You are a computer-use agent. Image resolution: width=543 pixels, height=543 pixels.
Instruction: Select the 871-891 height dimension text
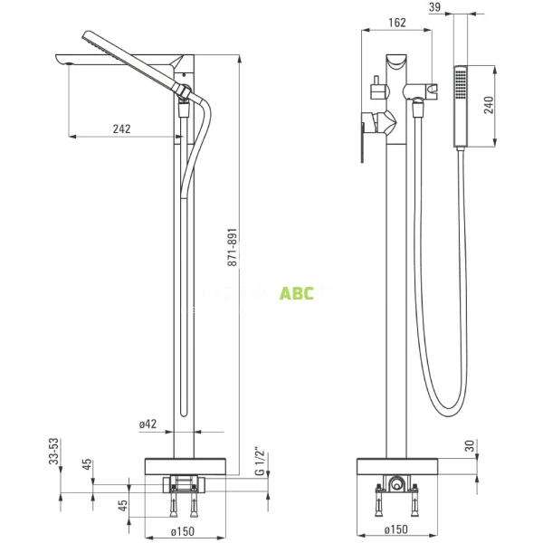click(233, 246)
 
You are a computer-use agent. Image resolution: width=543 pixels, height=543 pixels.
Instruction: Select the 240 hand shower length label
click(490, 104)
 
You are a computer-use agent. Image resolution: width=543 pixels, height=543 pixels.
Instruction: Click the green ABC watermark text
click(296, 292)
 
